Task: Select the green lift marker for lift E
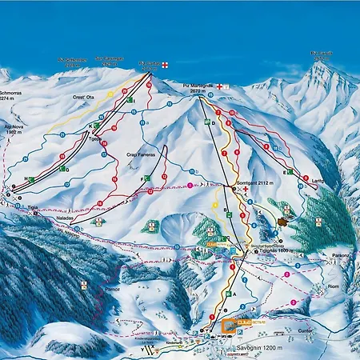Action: (288, 172)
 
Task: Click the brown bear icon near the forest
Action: (283, 222)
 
